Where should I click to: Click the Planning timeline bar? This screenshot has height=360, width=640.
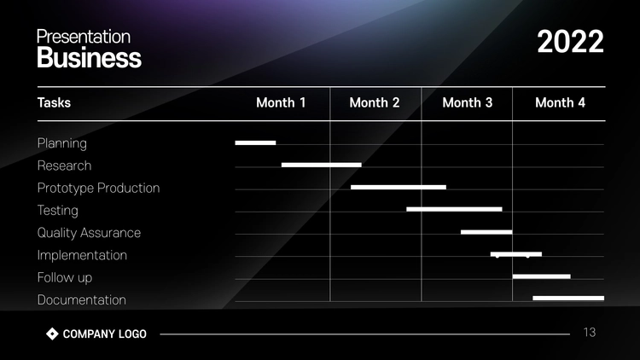[x=255, y=142]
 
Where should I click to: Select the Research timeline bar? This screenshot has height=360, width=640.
[x=322, y=165]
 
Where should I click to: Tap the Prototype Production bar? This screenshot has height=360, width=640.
[x=399, y=188]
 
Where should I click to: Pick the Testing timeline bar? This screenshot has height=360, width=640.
[x=454, y=209]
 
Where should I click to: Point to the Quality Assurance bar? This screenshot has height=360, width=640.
[x=486, y=232]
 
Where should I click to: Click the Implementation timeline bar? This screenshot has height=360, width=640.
[x=516, y=254]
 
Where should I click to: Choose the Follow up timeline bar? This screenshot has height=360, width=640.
[x=542, y=276]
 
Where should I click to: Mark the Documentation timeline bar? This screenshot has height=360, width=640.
[x=568, y=299]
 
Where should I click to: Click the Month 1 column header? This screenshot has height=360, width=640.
[x=281, y=103]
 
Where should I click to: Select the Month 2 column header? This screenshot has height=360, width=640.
[x=375, y=103]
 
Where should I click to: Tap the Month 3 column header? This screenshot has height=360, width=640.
[x=468, y=103]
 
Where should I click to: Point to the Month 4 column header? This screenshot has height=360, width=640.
[x=560, y=103]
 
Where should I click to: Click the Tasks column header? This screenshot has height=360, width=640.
[x=54, y=103]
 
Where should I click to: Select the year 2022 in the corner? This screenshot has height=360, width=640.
[x=570, y=42]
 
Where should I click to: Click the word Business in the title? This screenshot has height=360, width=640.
[x=90, y=57]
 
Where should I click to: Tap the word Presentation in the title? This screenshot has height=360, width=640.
[x=84, y=37]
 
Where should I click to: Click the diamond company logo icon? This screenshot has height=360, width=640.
[x=52, y=334]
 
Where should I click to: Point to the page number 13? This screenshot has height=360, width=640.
[x=590, y=333]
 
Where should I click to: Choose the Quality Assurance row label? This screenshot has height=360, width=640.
[x=89, y=233]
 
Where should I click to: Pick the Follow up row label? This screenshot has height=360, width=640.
[x=65, y=277]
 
